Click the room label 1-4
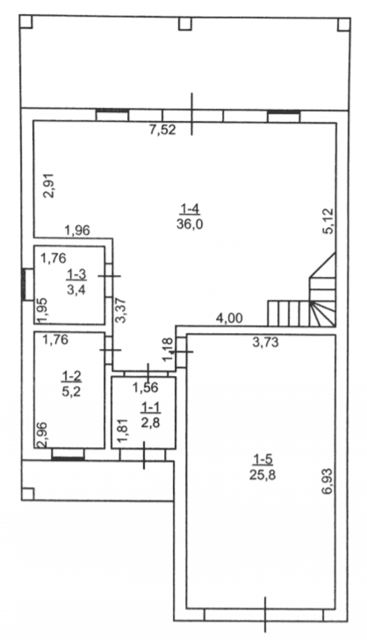[189, 209]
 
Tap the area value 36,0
[189, 224]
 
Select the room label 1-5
[263, 460]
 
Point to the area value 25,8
[263, 475]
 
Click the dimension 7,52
[163, 130]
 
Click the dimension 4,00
[229, 318]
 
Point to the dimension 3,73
[266, 342]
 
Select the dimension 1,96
[77, 231]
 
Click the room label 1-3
[76, 274]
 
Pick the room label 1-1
[150, 407]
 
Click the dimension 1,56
[145, 387]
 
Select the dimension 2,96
[43, 435]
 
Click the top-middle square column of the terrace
[185, 24]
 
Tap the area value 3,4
[76, 290]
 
